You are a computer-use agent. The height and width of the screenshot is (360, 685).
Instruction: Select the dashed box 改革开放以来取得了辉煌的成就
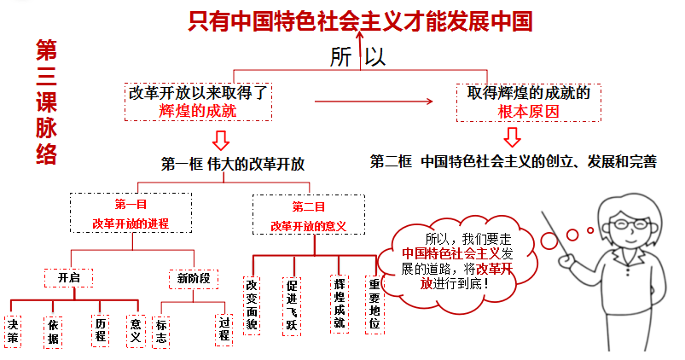click(x=197, y=102)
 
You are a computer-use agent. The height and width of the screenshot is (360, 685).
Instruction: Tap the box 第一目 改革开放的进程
click(x=131, y=214)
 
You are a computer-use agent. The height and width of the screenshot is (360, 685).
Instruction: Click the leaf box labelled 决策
click(x=13, y=330)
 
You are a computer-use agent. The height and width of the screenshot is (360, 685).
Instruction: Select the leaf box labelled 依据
click(x=54, y=330)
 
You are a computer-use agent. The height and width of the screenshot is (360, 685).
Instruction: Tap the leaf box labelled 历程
click(x=102, y=330)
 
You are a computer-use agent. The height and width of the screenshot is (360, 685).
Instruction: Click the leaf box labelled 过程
click(x=224, y=329)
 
